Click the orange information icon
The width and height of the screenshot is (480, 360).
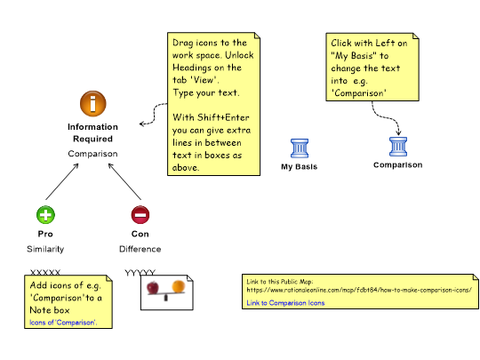tap(93, 103)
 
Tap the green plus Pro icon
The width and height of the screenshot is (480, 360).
tap(45, 214)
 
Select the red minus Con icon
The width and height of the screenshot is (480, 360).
tap(140, 214)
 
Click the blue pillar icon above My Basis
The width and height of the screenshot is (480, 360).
tap(300, 148)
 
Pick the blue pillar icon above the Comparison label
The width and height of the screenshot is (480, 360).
tap(398, 147)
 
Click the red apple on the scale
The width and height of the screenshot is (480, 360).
tap(153, 287)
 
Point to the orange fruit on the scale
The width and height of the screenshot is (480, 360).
tap(179, 286)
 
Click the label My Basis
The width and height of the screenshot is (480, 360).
tap(299, 167)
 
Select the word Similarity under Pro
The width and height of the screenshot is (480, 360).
tap(45, 249)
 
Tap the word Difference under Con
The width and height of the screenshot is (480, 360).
tap(140, 249)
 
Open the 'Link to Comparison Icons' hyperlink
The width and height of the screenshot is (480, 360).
tap(285, 303)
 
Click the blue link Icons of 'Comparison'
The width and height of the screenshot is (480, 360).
tap(63, 323)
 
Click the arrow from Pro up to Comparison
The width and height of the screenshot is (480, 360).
tap(62, 181)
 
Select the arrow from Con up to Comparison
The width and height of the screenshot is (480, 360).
tap(124, 181)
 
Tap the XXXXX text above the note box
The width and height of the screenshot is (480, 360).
tap(45, 272)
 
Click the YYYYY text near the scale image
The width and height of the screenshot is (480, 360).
tap(140, 272)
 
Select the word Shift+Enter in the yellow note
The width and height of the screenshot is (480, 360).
tap(223, 117)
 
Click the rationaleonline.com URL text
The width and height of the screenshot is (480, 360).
tap(359, 290)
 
